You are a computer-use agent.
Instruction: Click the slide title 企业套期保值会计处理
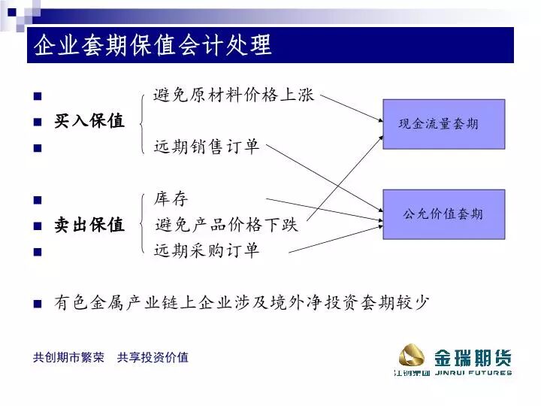(x=151, y=46)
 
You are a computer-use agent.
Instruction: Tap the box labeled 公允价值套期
(x=443, y=214)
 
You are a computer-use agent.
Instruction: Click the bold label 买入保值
(x=89, y=121)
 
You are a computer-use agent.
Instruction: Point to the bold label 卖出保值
(x=89, y=225)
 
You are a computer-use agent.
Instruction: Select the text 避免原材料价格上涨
(x=234, y=95)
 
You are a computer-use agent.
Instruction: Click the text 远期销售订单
(x=207, y=147)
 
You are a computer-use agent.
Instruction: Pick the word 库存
(x=171, y=199)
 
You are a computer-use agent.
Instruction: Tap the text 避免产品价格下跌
(x=227, y=225)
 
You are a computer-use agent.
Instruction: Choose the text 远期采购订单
(x=207, y=250)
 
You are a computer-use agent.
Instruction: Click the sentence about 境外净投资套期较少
(x=242, y=303)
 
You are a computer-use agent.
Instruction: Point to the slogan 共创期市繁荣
(x=68, y=358)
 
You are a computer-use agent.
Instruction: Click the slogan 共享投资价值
(x=153, y=358)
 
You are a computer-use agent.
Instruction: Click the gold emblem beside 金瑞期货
(x=411, y=353)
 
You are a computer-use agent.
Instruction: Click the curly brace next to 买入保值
(x=143, y=121)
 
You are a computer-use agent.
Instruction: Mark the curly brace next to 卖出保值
(x=143, y=225)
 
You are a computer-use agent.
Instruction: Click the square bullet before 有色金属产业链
(x=38, y=304)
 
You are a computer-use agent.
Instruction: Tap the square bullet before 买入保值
(x=38, y=122)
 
